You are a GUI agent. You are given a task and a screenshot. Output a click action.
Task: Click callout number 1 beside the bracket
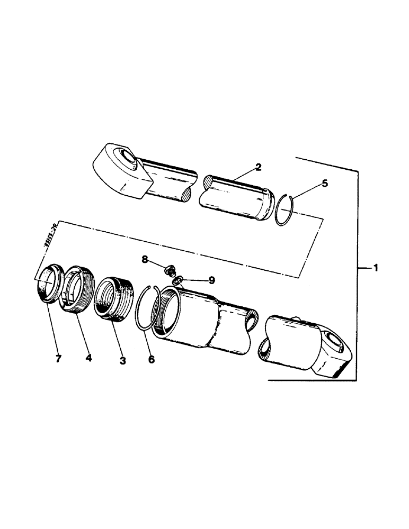[x=375, y=269]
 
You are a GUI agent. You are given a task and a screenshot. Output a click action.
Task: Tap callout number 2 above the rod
[x=257, y=167]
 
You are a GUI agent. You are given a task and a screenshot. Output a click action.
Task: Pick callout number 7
[x=58, y=359]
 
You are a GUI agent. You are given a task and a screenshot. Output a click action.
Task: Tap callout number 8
[x=145, y=260]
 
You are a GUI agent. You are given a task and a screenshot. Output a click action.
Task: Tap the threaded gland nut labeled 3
[x=112, y=299]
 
